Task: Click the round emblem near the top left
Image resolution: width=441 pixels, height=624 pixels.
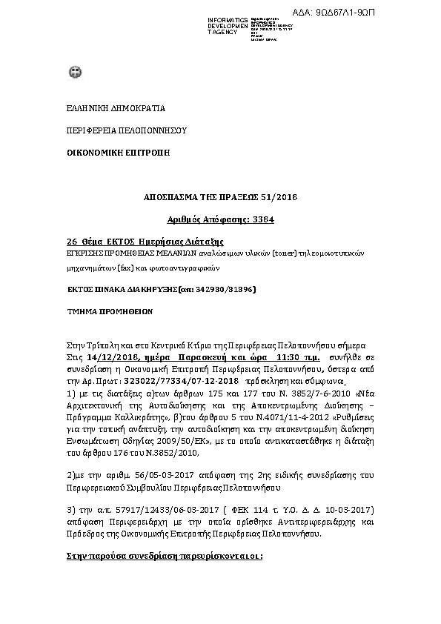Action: (x=74, y=72)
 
